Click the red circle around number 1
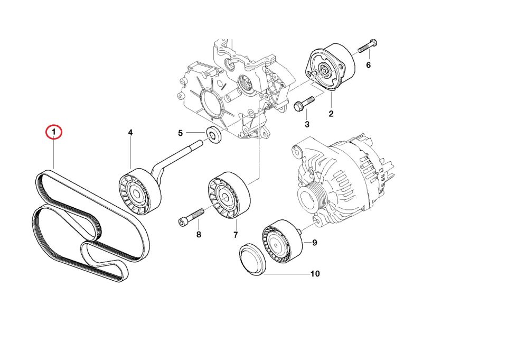(54, 132)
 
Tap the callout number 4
(130, 133)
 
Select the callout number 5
(180, 133)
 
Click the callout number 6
(368, 65)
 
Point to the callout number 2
(331, 113)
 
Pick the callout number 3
(307, 124)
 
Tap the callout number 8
(199, 234)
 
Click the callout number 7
(236, 235)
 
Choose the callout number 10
(315, 274)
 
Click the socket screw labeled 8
(192, 217)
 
